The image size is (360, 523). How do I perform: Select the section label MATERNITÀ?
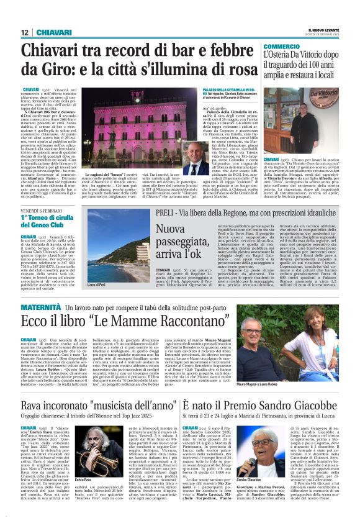click(41, 307)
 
